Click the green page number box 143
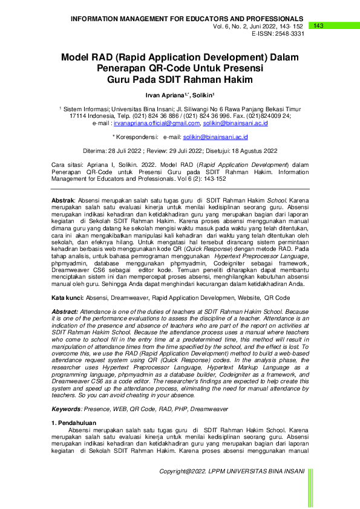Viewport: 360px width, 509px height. pyautogui.click(x=319, y=25)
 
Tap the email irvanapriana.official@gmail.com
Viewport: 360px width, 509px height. pyautogui.click(x=157, y=123)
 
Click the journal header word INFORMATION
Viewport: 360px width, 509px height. pyautogui.click(x=99, y=19)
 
